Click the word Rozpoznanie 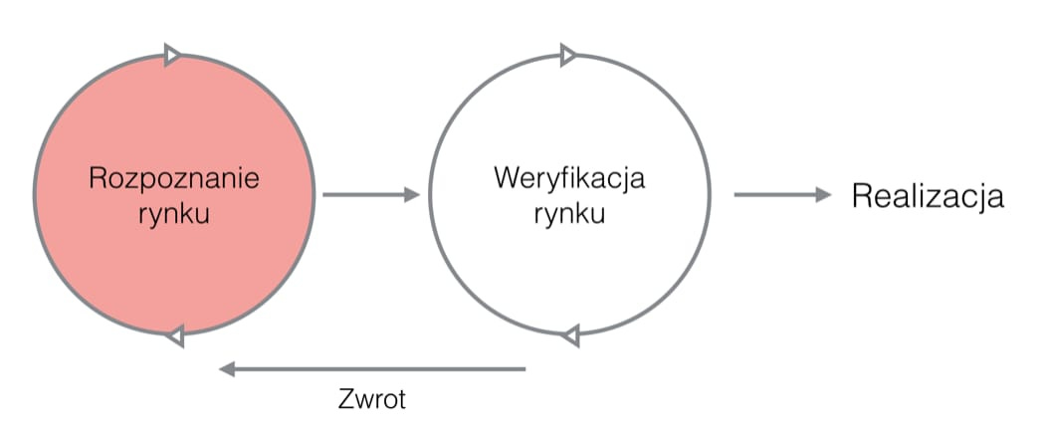coord(174,179)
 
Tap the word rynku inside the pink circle coord(174,214)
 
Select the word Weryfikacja coord(569,179)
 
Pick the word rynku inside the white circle coord(569,214)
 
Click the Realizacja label coord(928,196)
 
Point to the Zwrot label coord(372,400)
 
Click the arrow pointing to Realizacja coord(782,195)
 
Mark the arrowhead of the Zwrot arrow coord(227,370)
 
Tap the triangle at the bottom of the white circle coord(570,336)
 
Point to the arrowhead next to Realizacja coord(823,195)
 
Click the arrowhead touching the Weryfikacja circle coord(412,195)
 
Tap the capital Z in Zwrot coord(343,400)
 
